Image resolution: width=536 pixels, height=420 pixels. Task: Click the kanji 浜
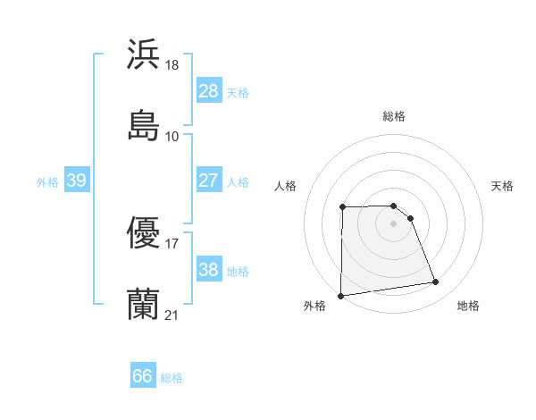[143, 54]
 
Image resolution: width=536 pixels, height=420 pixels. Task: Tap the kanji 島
[143, 124]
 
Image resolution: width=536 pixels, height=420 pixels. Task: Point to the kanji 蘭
[143, 305]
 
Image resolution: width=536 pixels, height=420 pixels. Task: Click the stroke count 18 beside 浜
[173, 65]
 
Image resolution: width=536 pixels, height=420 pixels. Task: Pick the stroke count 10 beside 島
[172, 136]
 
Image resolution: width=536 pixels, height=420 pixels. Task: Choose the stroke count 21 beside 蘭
[172, 315]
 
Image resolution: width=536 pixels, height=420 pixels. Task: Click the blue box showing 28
[208, 91]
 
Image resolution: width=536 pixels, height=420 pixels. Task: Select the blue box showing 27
[208, 181]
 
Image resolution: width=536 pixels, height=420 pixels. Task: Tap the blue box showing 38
[208, 270]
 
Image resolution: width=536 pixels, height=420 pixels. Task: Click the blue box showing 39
[76, 181]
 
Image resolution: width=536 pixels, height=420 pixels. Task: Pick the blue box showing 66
[142, 376]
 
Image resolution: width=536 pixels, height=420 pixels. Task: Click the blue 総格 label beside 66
[172, 378]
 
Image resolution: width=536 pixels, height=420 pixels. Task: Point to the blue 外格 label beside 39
[47, 182]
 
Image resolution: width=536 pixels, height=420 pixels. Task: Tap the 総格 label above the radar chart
[393, 116]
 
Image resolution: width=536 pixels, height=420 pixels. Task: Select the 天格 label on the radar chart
[503, 186]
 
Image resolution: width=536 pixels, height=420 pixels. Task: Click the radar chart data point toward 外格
[340, 296]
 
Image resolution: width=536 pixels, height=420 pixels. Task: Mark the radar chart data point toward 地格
[436, 282]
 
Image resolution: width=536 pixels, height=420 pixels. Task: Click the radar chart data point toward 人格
[343, 207]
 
